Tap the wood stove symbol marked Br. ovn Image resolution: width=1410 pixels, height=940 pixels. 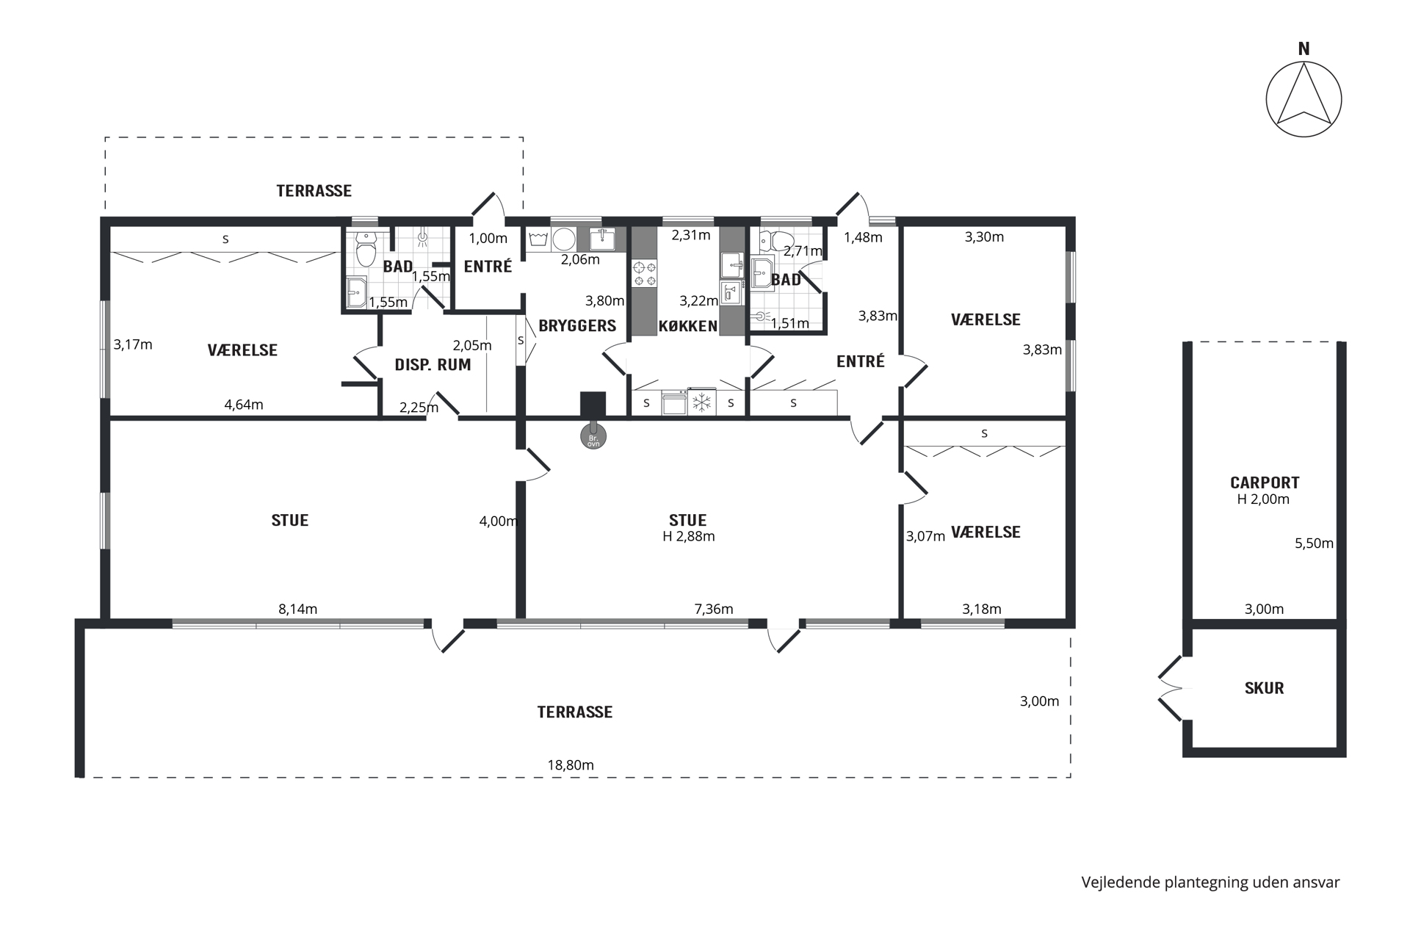click(x=593, y=437)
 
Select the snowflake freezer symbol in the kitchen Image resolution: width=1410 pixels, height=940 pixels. click(x=703, y=402)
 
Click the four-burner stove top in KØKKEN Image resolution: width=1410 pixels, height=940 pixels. click(x=645, y=273)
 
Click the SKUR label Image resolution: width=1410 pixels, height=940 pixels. click(x=1264, y=688)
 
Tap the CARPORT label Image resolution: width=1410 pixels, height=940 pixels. click(x=1265, y=482)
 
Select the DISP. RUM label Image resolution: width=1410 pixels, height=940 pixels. click(x=433, y=364)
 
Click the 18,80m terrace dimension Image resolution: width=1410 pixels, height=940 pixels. click(x=571, y=764)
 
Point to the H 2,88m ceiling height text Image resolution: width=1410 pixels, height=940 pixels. click(x=688, y=536)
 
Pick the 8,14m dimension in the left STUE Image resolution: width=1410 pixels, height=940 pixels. click(x=297, y=609)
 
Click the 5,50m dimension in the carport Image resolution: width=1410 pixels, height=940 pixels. click(x=1314, y=543)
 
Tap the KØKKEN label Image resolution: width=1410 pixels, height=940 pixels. click(x=687, y=325)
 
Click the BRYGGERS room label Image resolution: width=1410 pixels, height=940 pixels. click(x=577, y=325)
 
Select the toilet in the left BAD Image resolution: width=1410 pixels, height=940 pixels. click(x=365, y=248)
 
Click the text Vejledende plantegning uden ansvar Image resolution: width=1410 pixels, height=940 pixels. click(x=1210, y=882)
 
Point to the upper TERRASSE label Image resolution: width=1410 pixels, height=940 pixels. click(x=314, y=191)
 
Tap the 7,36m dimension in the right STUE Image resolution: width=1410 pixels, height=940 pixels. click(x=714, y=609)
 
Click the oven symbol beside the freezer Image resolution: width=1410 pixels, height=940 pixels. click(x=675, y=402)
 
